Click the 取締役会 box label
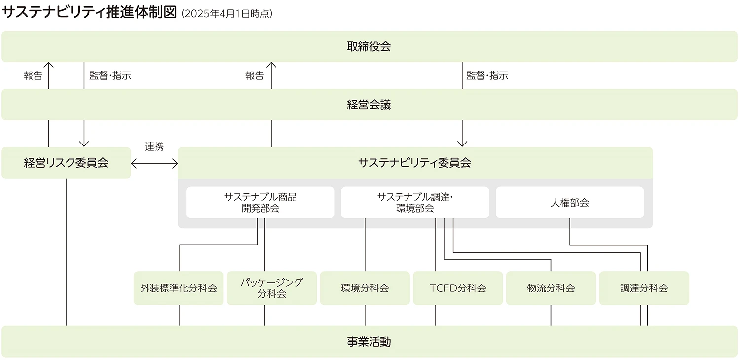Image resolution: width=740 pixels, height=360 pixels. click(369, 46)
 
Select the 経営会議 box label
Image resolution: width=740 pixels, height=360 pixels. click(369, 105)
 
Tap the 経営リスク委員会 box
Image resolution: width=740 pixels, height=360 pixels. click(66, 163)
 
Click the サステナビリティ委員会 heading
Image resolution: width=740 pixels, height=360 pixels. click(414, 163)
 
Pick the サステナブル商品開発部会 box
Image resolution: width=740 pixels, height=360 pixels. click(260, 202)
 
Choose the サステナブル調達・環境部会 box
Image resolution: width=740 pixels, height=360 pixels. click(415, 202)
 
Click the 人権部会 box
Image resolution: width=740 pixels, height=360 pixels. click(570, 202)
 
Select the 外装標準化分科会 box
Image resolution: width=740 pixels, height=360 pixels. click(179, 288)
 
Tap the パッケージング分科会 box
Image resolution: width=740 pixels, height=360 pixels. click(272, 288)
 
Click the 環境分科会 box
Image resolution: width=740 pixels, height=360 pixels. click(365, 288)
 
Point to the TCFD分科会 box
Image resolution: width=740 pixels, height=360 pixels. click(458, 288)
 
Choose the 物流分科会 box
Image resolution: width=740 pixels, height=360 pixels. click(551, 288)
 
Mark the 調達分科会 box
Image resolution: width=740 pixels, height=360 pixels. click(644, 288)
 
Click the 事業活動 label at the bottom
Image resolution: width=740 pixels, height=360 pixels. click(369, 341)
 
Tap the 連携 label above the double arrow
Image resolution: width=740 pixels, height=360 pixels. click(154, 146)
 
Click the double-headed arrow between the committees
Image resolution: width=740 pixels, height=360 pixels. click(154, 163)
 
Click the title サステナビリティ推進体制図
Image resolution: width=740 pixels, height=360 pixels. click(89, 13)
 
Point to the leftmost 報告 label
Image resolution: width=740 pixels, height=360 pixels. click(33, 76)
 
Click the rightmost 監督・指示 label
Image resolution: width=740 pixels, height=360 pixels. click(487, 76)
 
